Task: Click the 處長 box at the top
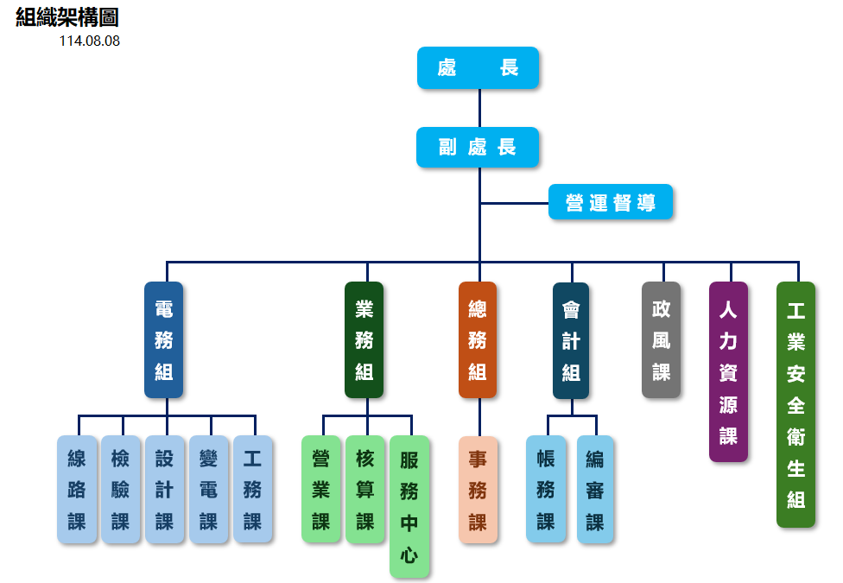coord(478,67)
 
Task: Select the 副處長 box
coord(478,147)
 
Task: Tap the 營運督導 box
coord(611,202)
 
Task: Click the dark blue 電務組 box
coord(163,340)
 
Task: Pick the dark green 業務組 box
coord(364,340)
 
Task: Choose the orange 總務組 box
coord(478,340)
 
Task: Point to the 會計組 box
coord(571,340)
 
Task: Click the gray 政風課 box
coord(661,340)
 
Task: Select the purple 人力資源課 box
coord(728,371)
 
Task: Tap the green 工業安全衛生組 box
coord(795,404)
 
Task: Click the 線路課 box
coord(77,490)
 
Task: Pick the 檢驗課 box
coord(121,490)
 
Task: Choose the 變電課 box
coord(208,490)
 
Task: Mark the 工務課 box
coord(252,490)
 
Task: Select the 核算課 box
coord(365,490)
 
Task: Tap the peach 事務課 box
coord(478,490)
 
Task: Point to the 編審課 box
coord(595,490)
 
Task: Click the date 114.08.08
coord(89,41)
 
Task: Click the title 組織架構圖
coord(67,17)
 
